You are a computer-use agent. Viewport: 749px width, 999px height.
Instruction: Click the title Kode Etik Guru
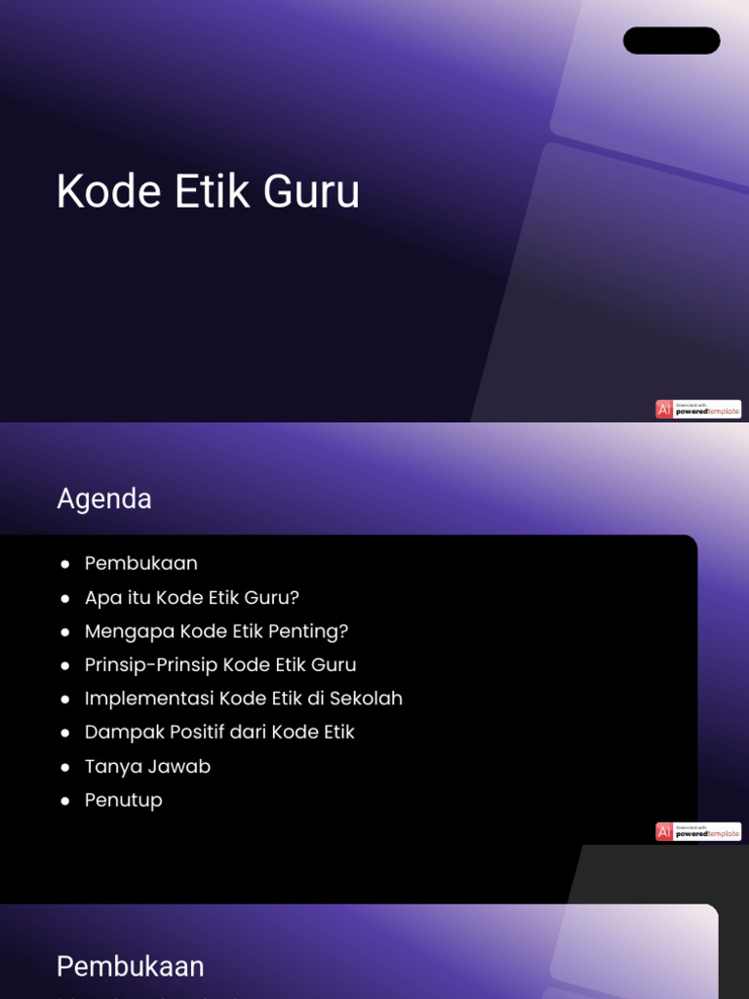208,191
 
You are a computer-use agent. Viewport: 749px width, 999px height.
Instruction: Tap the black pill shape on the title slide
671,40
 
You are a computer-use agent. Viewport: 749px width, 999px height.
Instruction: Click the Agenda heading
104,499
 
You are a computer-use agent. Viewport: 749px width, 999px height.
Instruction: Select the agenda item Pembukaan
140,563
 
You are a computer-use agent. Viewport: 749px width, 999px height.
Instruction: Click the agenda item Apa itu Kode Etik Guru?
191,597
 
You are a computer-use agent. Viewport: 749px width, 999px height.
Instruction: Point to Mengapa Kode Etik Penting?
216,631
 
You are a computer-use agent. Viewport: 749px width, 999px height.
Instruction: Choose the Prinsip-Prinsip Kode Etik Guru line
220,664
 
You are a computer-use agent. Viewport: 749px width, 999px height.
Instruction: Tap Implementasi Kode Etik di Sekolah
243,699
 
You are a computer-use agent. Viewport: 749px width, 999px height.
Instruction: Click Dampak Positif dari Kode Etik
219,732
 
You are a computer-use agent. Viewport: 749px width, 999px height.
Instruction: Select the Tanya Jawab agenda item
147,766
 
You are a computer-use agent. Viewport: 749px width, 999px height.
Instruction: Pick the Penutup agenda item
123,800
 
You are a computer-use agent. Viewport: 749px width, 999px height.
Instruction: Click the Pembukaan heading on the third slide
131,967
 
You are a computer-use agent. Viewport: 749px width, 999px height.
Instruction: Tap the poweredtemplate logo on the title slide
698,410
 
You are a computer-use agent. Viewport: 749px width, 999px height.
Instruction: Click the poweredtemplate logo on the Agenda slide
698,831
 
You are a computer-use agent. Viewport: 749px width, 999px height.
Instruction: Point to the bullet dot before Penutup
65,801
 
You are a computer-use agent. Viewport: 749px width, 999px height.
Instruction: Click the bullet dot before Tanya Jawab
65,767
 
